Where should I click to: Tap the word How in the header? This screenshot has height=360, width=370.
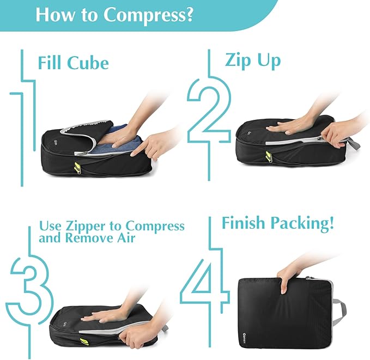[52, 15]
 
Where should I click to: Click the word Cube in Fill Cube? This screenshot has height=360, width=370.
[87, 63]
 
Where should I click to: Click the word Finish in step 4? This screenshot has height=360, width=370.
[245, 223]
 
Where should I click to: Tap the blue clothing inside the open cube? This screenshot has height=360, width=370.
[117, 136]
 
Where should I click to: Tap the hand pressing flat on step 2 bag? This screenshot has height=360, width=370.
[289, 126]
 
